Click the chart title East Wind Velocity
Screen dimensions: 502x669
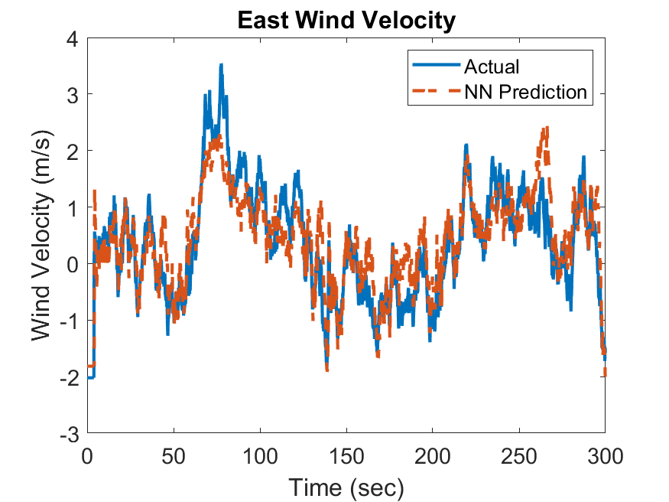click(346, 20)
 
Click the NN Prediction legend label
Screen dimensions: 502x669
click(525, 93)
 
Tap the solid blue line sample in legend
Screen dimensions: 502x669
click(436, 67)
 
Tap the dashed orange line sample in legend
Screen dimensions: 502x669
click(436, 93)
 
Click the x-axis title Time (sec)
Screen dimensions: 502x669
click(346, 486)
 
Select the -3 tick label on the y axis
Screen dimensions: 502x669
click(71, 434)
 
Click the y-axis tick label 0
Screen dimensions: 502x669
click(75, 264)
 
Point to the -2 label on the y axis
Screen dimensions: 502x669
click(71, 377)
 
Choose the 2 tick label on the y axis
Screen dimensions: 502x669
click(75, 151)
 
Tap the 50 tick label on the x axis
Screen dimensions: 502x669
click(174, 457)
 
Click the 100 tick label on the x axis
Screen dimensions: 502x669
click(260, 457)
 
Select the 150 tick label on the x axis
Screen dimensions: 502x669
click(346, 457)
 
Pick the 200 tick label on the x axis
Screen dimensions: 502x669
click(432, 457)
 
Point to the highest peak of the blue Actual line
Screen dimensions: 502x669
click(221, 66)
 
